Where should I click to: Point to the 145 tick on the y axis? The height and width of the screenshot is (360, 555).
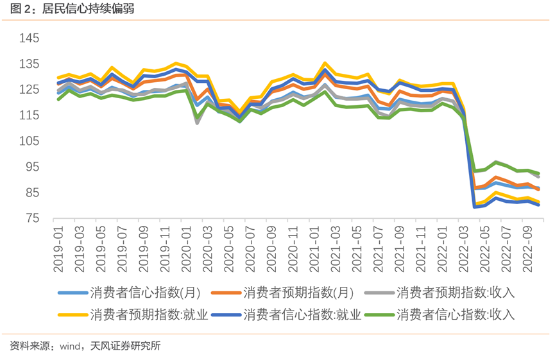pyautogui.click(x=30, y=39)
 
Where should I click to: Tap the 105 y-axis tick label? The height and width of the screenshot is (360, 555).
pyautogui.click(x=30, y=141)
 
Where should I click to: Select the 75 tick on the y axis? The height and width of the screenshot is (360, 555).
pyautogui.click(x=33, y=219)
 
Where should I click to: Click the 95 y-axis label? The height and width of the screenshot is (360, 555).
pyautogui.click(x=33, y=167)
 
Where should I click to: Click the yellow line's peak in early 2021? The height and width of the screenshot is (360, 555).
pyautogui.click(x=325, y=64)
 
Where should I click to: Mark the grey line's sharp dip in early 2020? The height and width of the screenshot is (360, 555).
pyautogui.click(x=197, y=122)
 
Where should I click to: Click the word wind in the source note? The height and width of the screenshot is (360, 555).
pyautogui.click(x=69, y=346)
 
